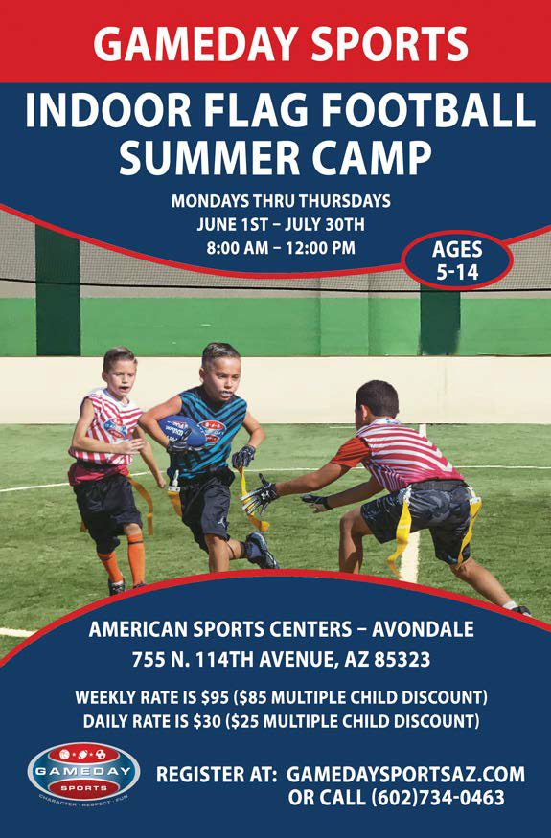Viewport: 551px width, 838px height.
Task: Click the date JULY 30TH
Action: [x=325, y=224]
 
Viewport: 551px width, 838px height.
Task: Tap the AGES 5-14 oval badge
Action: [x=457, y=260]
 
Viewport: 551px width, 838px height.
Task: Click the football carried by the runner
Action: [x=182, y=431]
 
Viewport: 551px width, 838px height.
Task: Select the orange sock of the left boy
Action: [x=136, y=558]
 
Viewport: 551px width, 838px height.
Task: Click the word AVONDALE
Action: [x=423, y=629]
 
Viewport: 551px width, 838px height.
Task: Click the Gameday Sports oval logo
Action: [x=84, y=772]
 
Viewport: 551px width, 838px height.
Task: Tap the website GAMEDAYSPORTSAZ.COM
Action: [x=405, y=775]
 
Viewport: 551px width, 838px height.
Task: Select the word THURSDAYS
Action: [x=345, y=201]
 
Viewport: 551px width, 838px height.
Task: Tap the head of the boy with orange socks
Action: [x=120, y=370]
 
